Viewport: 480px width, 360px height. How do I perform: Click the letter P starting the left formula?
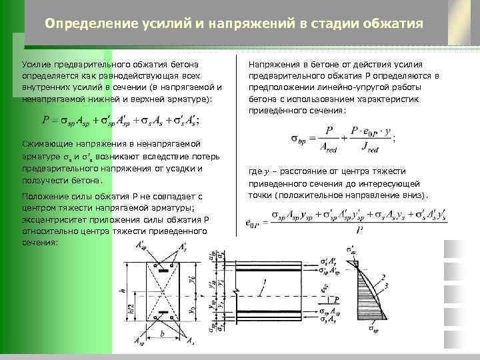45,122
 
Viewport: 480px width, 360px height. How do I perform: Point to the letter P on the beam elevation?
338,299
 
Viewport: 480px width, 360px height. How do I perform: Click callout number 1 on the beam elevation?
264,282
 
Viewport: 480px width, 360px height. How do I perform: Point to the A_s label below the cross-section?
190,342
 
